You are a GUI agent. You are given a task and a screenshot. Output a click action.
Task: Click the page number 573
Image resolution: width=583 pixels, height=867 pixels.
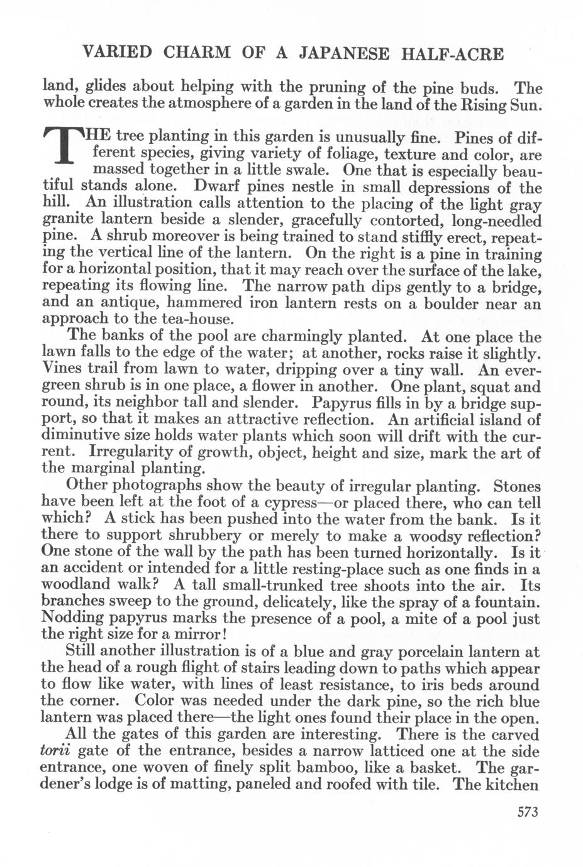(528, 812)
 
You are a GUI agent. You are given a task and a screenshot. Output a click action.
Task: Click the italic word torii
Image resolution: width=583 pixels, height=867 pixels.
(55, 752)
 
